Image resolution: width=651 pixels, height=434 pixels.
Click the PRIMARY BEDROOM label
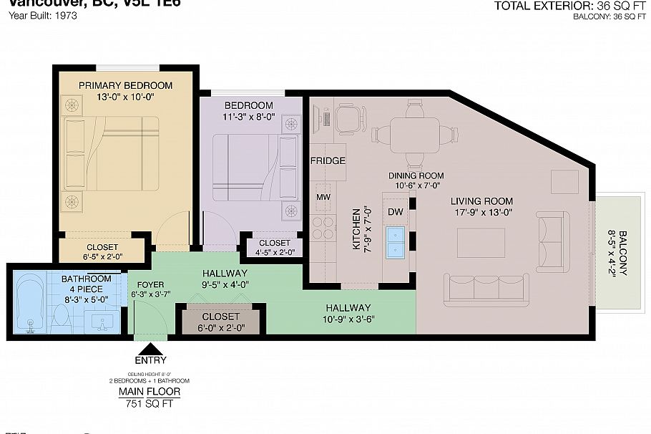coord(126,85)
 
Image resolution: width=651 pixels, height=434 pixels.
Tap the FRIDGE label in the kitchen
coord(328,161)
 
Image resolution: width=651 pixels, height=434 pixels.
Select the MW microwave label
coord(322,196)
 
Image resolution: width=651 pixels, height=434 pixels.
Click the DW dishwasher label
coord(395,212)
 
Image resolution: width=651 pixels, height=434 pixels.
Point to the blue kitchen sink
coord(395,242)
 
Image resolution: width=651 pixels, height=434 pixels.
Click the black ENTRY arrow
coord(151,350)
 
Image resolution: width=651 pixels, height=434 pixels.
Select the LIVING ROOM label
coord(481,201)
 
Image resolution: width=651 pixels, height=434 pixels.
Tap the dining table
coord(414,135)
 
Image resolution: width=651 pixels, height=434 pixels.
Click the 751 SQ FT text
coord(149,404)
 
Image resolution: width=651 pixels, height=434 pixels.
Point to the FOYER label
coord(151,284)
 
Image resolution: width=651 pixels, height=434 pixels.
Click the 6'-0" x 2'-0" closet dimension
coord(221,329)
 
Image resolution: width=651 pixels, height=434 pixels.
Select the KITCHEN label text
coord(356,229)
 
